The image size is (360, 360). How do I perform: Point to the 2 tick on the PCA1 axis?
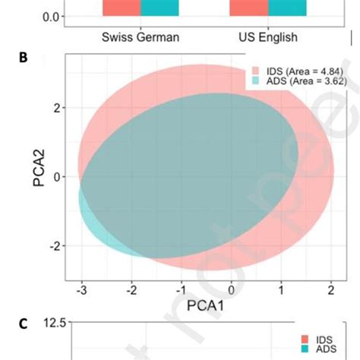[330, 289]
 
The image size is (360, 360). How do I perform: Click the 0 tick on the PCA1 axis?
[232, 289]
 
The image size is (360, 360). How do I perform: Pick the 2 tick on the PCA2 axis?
[57, 108]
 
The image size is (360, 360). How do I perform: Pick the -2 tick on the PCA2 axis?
[55, 246]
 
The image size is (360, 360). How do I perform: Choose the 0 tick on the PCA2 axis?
[57, 177]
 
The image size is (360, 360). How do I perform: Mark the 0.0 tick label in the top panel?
[51, 16]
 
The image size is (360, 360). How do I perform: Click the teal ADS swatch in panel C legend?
[305, 350]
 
